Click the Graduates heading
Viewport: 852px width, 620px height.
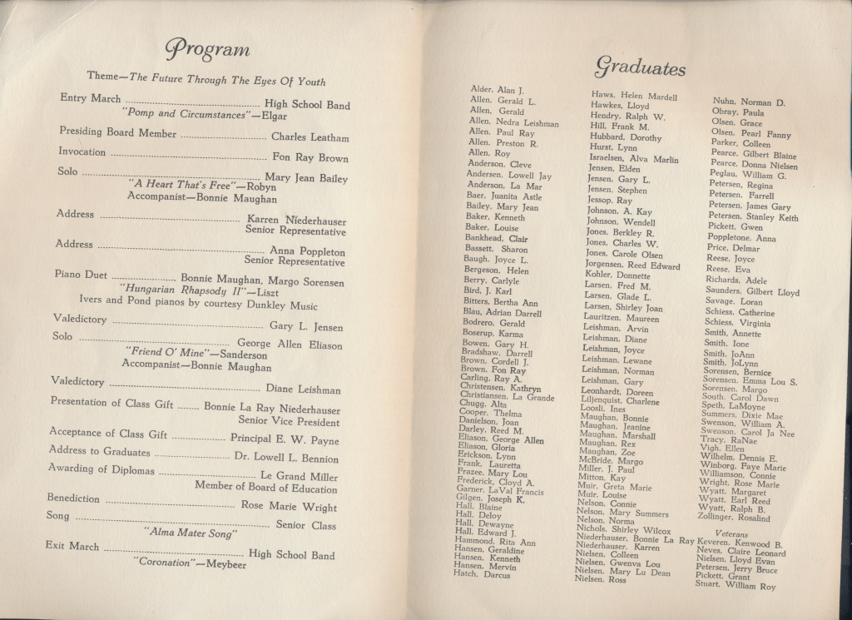[x=640, y=67]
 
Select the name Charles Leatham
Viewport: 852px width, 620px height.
[x=311, y=137]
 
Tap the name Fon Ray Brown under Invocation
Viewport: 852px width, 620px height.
[x=310, y=157]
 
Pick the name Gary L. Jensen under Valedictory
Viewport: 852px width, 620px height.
[x=305, y=327]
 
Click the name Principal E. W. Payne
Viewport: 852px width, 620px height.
[x=285, y=440]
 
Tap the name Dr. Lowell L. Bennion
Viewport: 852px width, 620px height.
[x=286, y=458]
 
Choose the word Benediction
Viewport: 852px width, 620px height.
[x=73, y=498]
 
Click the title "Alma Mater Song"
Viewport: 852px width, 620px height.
[x=191, y=532]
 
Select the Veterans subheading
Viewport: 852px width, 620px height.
[x=731, y=533]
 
